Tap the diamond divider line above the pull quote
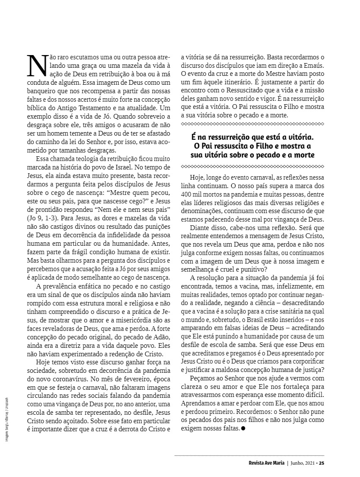point(252,124)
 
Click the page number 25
point(321,463)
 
